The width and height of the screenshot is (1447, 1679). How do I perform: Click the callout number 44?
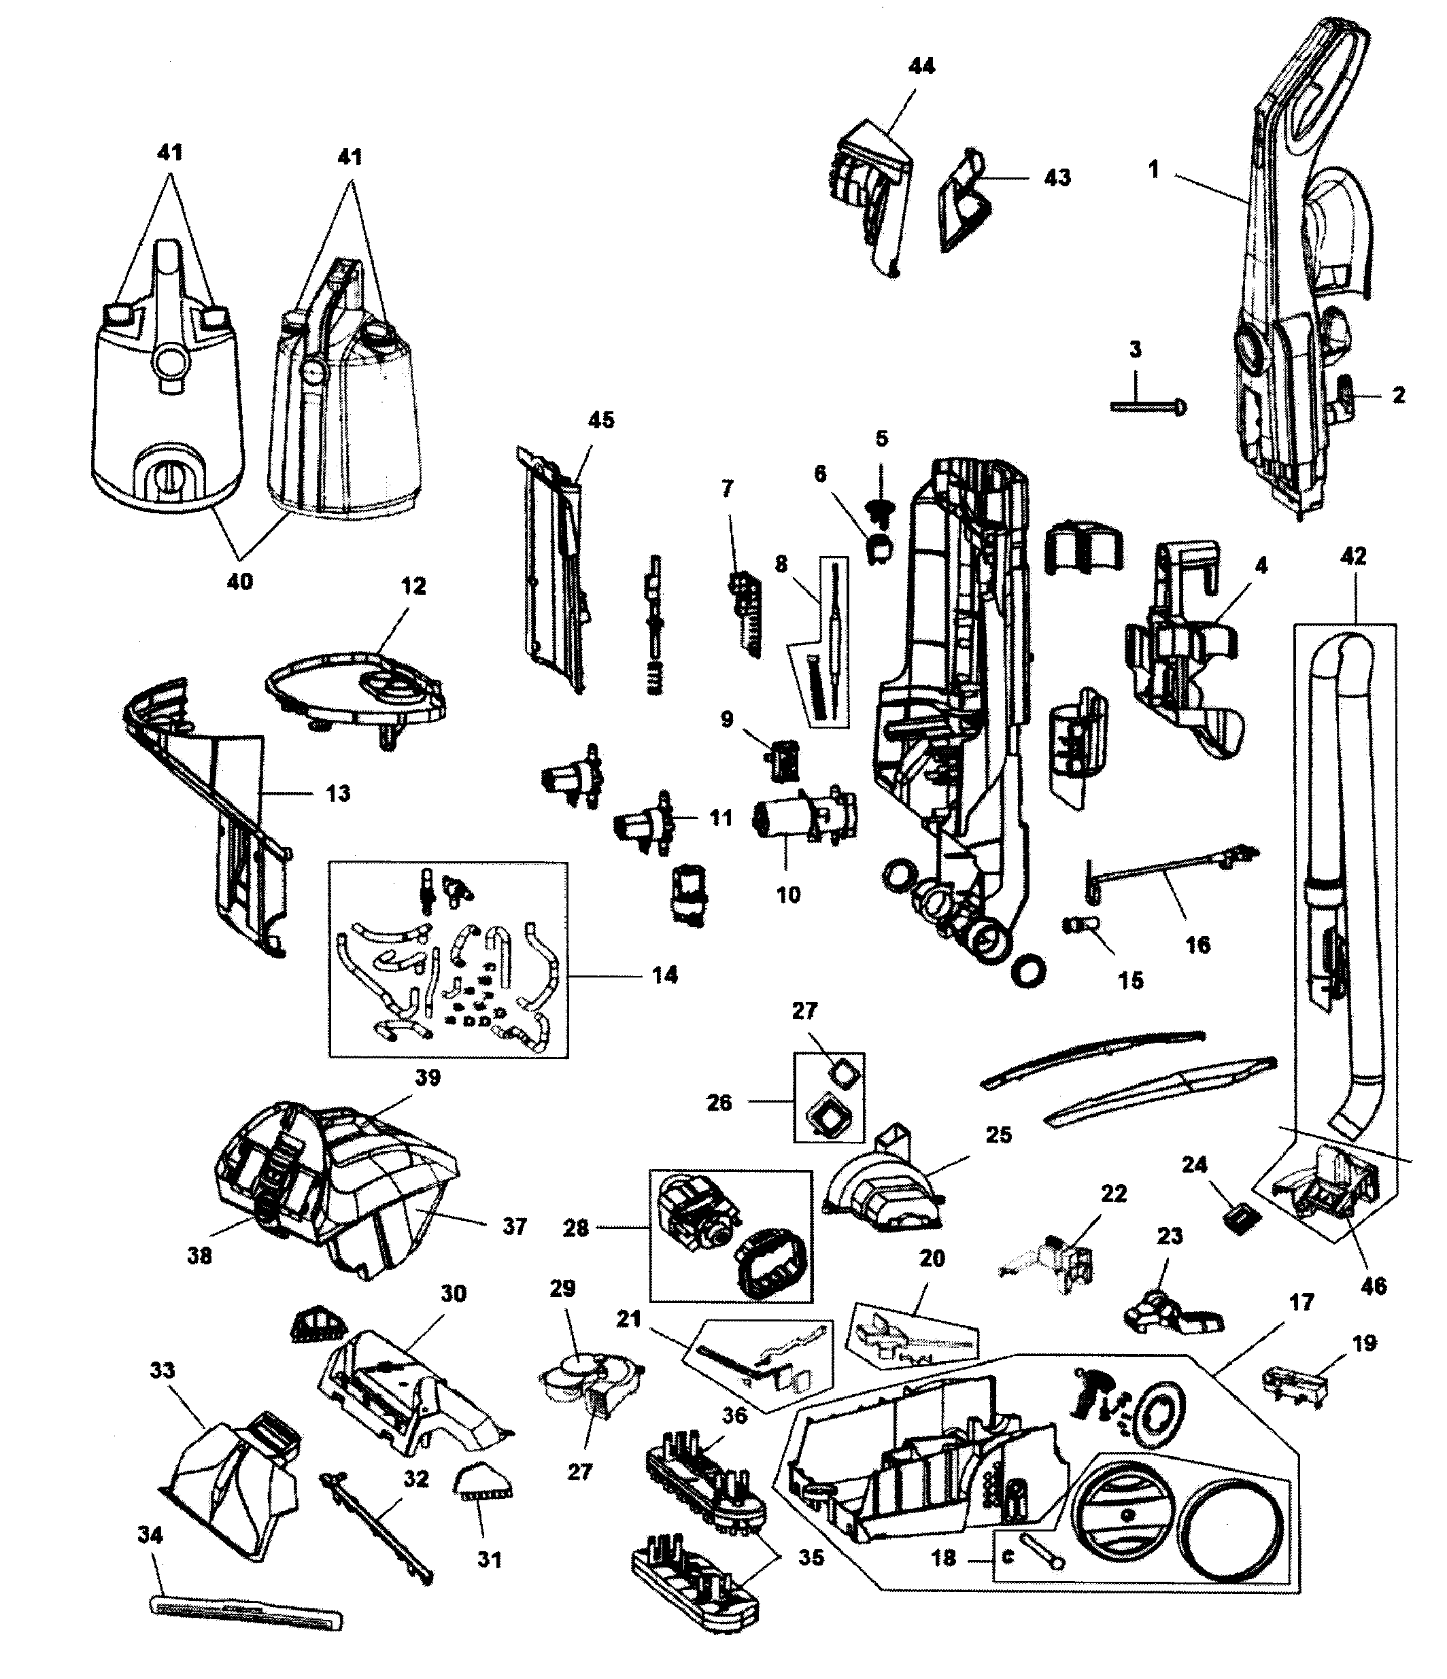coord(921,67)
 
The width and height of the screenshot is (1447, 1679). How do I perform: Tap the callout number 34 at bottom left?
coord(151,1535)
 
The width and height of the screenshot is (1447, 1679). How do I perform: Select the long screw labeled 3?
coord(1148,406)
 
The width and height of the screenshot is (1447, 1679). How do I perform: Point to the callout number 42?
coord(1353,556)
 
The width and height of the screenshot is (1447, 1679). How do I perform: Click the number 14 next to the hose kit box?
coord(665,975)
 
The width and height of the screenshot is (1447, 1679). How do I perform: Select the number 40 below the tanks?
coord(240,581)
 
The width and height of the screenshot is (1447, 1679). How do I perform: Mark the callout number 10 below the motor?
coord(788,895)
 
